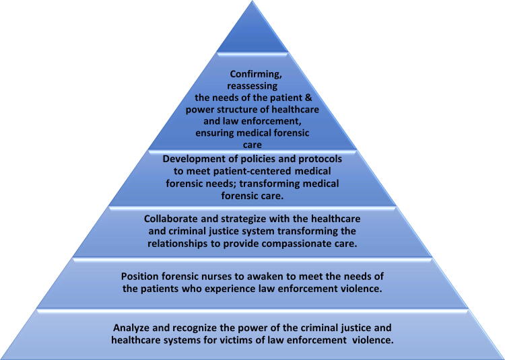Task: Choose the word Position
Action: [x=142, y=277]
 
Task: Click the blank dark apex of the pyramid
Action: [x=252, y=30]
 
